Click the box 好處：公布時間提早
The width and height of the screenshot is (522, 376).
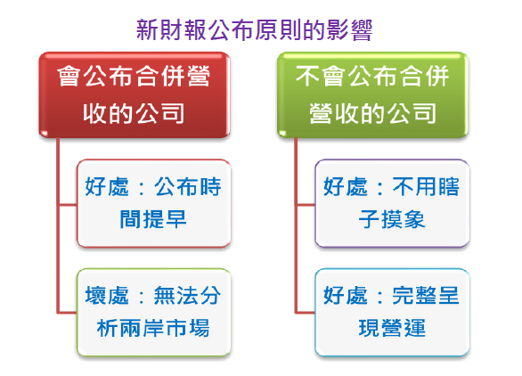coord(153,203)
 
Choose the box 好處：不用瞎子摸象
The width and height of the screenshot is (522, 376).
coord(392,203)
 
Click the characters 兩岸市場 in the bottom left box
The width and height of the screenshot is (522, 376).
coord(175,328)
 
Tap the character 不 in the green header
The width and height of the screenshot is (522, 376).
coord(308,78)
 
